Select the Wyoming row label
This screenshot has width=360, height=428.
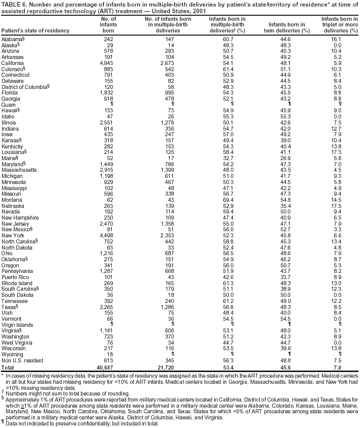(12, 354)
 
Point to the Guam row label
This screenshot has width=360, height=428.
(9, 105)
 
